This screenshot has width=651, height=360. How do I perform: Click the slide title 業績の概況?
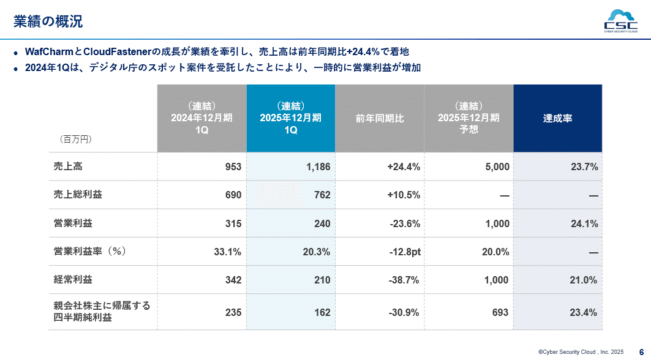click(48, 22)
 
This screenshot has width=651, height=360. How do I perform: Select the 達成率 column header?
click(557, 118)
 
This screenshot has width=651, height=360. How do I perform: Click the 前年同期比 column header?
click(380, 118)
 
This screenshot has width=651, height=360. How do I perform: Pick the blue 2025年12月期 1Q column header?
click(290, 118)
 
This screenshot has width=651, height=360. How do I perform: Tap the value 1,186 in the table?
click(318, 167)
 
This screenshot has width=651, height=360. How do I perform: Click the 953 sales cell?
click(233, 167)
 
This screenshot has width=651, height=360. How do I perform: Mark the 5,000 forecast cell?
click(497, 167)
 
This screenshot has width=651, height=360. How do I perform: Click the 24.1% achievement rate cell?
click(584, 223)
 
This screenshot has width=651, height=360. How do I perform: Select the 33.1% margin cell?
click(227, 252)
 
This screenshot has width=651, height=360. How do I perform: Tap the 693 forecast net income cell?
click(500, 312)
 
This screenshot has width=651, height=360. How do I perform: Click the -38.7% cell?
click(404, 280)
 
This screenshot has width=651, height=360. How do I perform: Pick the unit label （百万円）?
click(75, 140)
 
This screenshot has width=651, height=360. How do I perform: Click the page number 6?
click(641, 351)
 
